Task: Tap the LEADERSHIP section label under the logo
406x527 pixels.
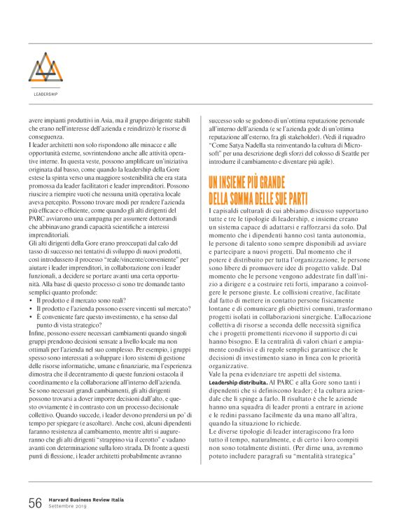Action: pos(45,92)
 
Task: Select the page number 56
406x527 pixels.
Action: pos(35,503)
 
